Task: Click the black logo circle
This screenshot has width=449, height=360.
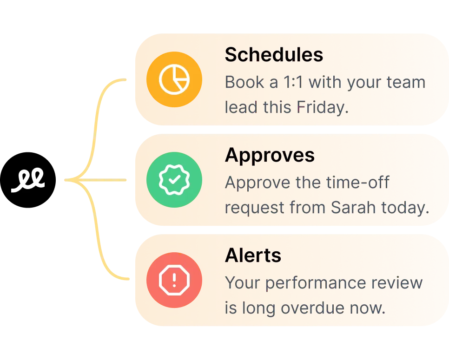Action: click(28, 180)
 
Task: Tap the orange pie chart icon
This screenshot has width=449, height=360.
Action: click(174, 79)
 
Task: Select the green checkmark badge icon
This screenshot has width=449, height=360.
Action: click(174, 180)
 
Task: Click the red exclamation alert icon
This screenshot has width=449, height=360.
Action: click(174, 280)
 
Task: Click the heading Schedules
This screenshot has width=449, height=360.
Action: click(274, 55)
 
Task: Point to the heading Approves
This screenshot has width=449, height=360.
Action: click(270, 156)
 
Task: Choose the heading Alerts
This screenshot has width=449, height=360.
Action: click(253, 255)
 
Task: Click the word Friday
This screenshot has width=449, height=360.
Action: click(323, 108)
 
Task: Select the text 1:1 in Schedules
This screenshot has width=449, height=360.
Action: click(293, 82)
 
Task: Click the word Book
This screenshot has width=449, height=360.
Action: click(244, 82)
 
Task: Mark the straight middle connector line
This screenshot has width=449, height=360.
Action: click(95, 180)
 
